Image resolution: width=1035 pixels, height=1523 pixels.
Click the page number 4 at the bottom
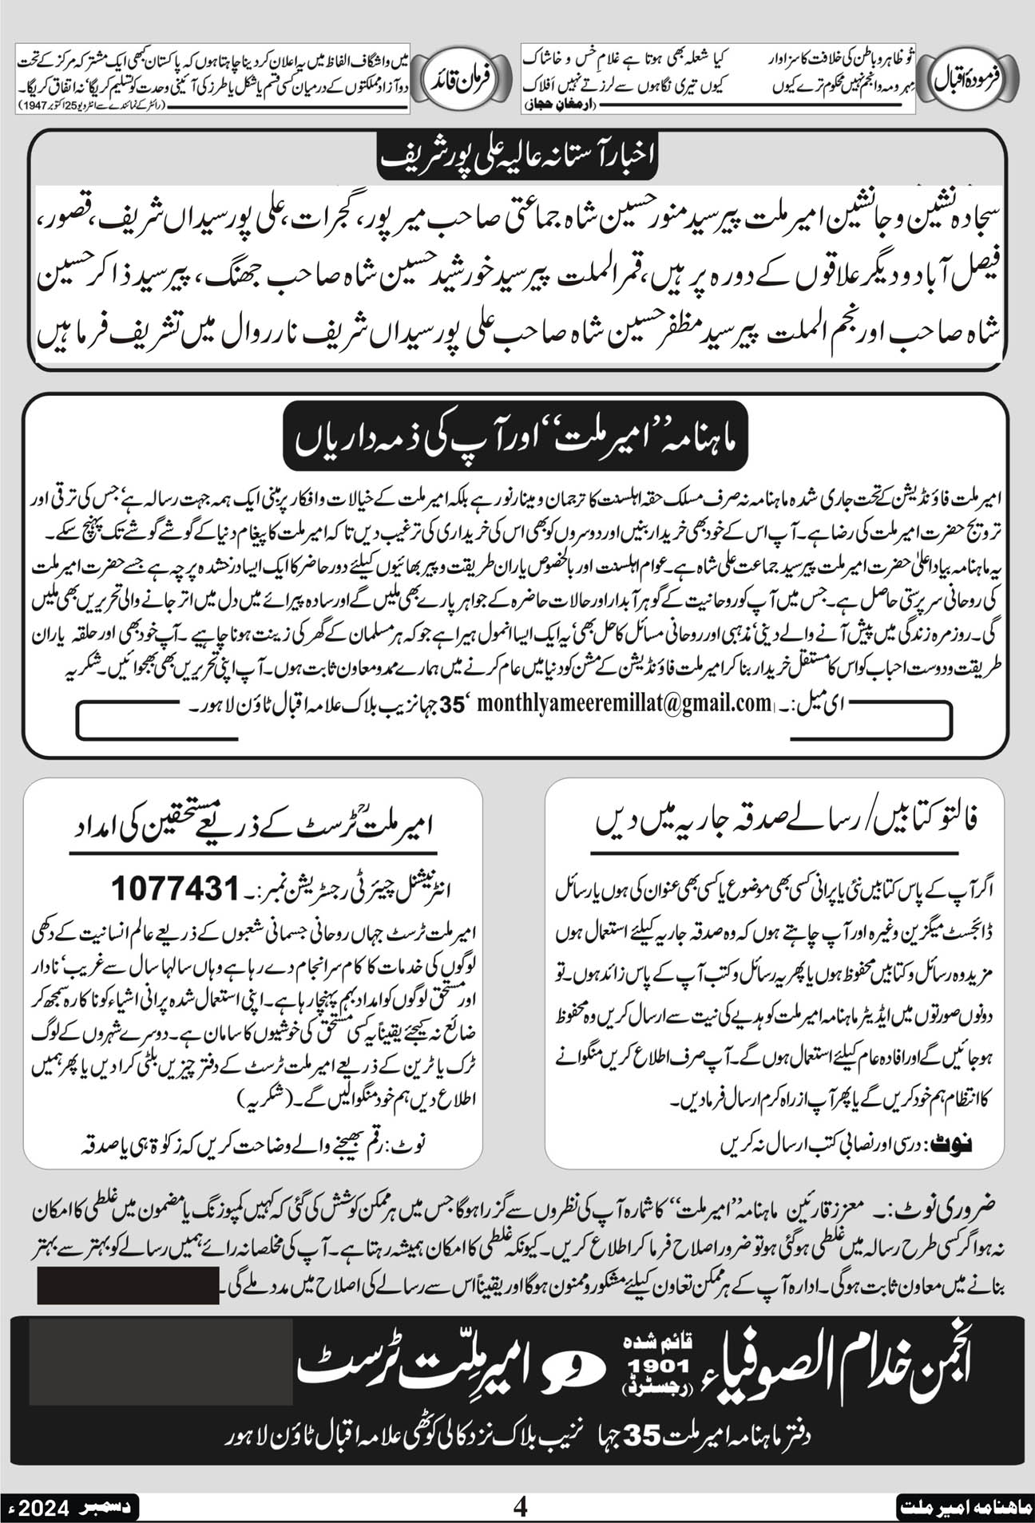pos(521,1507)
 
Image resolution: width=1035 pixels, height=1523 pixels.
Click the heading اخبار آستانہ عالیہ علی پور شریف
pos(517,155)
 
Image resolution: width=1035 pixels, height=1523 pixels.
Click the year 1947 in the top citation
pos(36,105)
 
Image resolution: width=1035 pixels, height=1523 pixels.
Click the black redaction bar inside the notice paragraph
pos(127,1288)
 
